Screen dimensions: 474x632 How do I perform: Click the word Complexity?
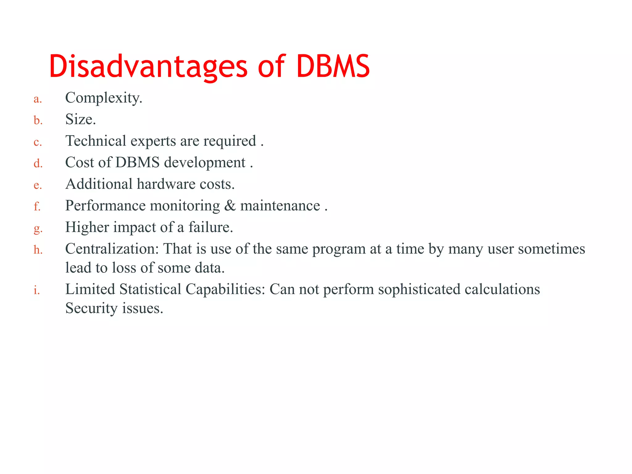[103, 98]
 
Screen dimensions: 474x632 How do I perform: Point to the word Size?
[80, 119]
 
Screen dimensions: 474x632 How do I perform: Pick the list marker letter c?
[37, 142]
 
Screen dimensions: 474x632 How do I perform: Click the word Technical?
[96, 141]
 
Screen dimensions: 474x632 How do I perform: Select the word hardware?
[166, 184]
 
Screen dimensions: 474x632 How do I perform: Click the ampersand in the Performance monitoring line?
[230, 206]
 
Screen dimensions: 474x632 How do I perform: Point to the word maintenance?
[280, 206]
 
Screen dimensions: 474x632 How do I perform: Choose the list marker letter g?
[38, 229]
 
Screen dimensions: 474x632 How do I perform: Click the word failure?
[210, 227]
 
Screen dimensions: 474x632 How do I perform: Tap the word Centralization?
[112, 249]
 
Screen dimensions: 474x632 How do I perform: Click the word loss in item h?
[124, 268]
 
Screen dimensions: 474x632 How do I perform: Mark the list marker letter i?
[37, 290]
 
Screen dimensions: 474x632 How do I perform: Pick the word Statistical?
[150, 289]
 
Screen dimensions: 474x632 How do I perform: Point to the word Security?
[91, 308]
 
